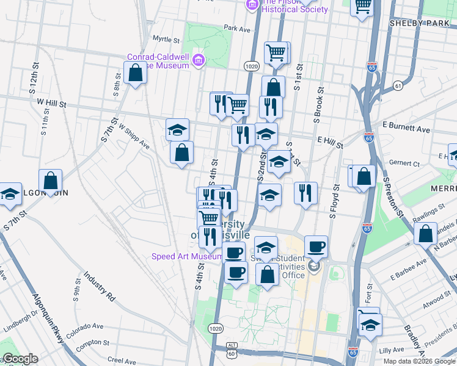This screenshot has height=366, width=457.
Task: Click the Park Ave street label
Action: pos(237,29)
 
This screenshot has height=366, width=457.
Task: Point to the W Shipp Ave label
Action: pos(134,137)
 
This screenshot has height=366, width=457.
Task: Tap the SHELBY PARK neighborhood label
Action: pos(419,23)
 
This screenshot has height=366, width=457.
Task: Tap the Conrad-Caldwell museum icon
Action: pos(197,60)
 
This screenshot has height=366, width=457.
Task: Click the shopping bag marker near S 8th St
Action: pos(135,73)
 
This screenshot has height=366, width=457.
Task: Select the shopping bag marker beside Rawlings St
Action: pos(425,233)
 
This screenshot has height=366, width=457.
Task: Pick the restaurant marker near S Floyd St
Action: pos(305,193)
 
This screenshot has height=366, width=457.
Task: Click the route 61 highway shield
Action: pos(398,85)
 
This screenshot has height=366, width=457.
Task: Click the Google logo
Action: pos(20,359)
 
